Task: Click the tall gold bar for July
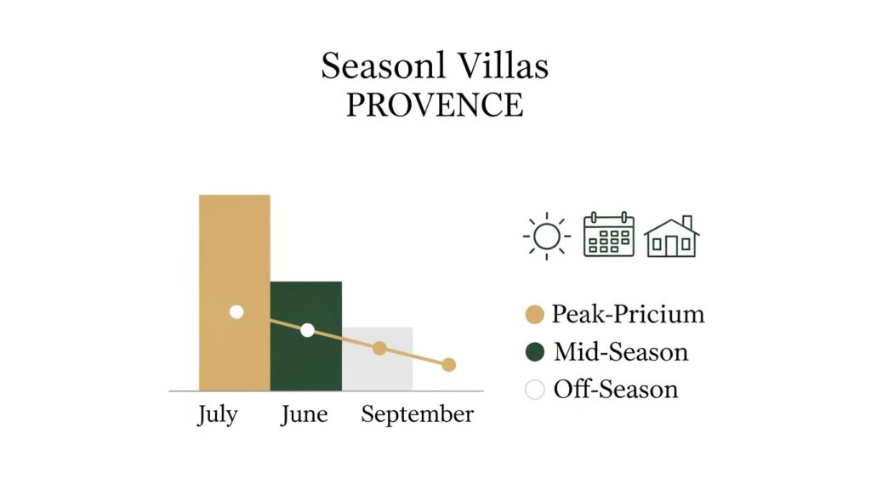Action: coord(234,255)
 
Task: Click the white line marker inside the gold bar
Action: coord(236,312)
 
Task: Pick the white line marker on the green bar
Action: coord(307,330)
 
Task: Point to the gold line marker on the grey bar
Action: coord(379,348)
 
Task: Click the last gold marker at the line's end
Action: coord(449,365)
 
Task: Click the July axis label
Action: coord(218,415)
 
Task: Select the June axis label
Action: coord(305,415)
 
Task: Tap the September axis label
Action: coord(417,416)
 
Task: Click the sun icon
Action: coord(546,236)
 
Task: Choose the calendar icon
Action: coord(608,235)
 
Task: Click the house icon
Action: coord(671,236)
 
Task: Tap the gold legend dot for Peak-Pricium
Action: coord(535,315)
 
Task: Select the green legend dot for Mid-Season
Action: coord(535,352)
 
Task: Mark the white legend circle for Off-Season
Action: coord(535,390)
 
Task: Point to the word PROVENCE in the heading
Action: coord(435,105)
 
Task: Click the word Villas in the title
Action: coord(500,66)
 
